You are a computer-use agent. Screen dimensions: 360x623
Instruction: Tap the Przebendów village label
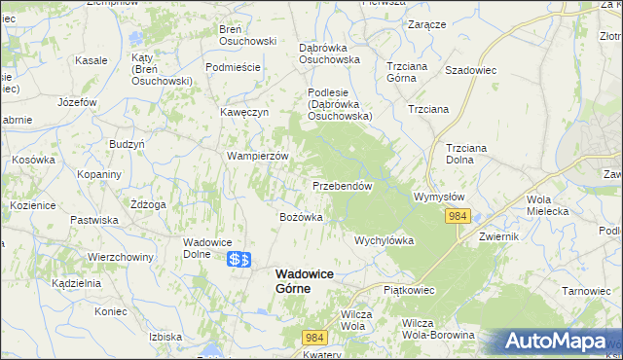coord(343,186)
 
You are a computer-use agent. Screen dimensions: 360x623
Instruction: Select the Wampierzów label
coord(259,156)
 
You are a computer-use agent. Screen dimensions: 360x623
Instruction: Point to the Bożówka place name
coord(301,217)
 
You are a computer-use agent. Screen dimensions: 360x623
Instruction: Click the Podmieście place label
coord(233,67)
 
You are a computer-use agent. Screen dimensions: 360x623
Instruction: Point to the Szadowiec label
coord(471,70)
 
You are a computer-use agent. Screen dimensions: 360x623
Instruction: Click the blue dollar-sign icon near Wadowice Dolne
coord(239,260)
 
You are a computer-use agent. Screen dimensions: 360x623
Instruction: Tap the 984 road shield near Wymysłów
coord(460,216)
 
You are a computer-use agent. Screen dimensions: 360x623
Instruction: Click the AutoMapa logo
coord(556,342)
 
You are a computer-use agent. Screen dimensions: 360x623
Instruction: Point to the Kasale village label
coord(91,60)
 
